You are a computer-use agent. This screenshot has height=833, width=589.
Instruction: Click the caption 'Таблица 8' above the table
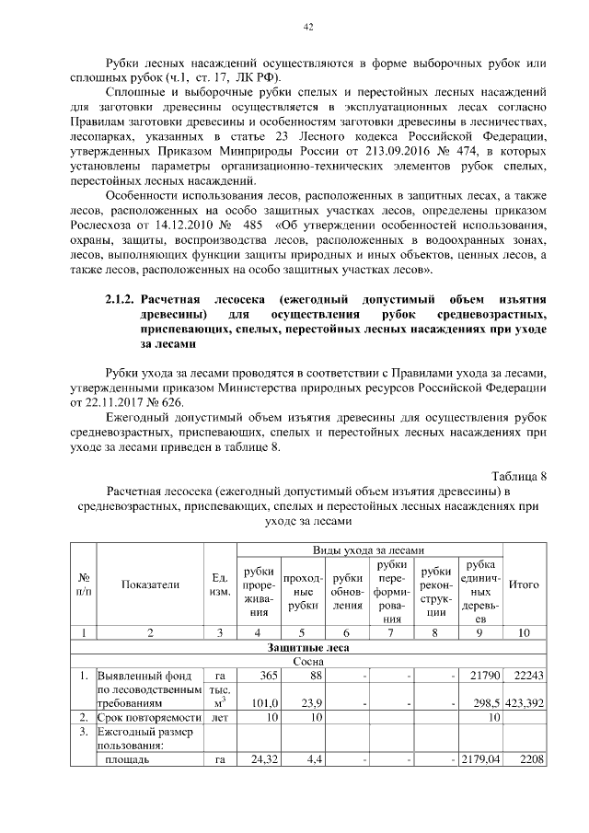pos(519,476)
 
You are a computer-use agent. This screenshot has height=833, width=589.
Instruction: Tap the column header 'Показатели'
pos(149,584)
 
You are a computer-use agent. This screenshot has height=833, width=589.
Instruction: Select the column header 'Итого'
pos(524,584)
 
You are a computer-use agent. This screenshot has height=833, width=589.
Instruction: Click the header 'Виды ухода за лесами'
pos(370,549)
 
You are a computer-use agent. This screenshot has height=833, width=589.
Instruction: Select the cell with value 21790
pos(483,677)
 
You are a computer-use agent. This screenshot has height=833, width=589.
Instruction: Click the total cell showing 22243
pos(526,677)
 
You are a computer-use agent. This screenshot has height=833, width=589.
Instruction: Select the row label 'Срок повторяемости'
pos(149,717)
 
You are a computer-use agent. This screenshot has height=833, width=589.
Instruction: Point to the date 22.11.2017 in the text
pos(119,402)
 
